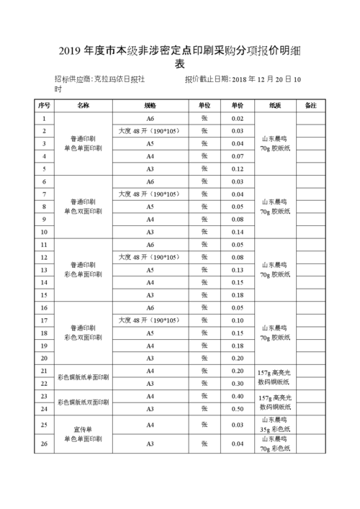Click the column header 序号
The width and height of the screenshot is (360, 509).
pyautogui.click(x=44, y=105)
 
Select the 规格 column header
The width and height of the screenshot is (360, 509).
pyautogui.click(x=150, y=105)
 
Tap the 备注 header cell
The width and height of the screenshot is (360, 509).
pyautogui.click(x=311, y=105)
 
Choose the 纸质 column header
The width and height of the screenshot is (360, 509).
pyautogui.click(x=274, y=105)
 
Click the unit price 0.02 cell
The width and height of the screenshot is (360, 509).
pyautogui.click(x=238, y=118)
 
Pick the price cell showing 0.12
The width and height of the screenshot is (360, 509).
pyautogui.click(x=238, y=168)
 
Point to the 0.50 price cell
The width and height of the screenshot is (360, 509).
pyautogui.click(x=238, y=409)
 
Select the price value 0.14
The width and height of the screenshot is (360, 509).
pyautogui.click(x=238, y=232)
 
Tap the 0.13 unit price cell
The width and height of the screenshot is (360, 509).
pyautogui.click(x=238, y=270)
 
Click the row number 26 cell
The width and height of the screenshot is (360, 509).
pyautogui.click(x=44, y=444)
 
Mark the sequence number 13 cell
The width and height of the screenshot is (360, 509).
pyautogui.click(x=44, y=270)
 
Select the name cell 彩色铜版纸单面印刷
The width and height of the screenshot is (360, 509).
pyautogui.click(x=84, y=377)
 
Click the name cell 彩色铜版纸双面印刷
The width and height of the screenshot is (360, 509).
pyautogui.click(x=84, y=402)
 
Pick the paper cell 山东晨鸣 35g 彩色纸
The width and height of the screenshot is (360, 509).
pyautogui.click(x=274, y=425)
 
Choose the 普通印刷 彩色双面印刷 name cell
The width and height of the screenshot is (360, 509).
pyautogui.click(x=84, y=332)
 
